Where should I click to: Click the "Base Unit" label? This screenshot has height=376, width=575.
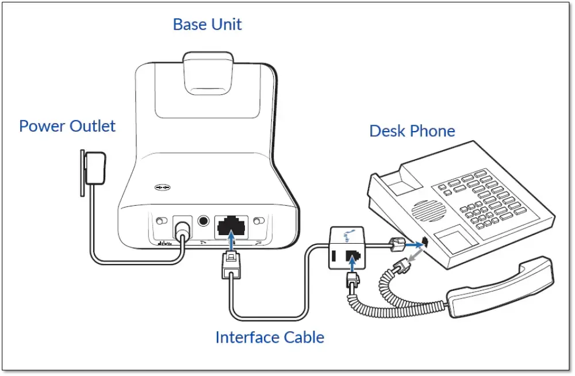(207, 25)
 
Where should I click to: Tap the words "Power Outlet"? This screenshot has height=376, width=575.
(67, 126)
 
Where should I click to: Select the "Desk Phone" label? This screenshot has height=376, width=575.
(412, 131)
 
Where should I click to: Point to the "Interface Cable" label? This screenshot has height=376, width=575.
(270, 337)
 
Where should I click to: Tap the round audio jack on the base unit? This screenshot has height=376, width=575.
(203, 220)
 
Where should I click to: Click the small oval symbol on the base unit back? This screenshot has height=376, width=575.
(163, 187)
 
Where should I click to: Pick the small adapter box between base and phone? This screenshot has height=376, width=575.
(346, 248)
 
